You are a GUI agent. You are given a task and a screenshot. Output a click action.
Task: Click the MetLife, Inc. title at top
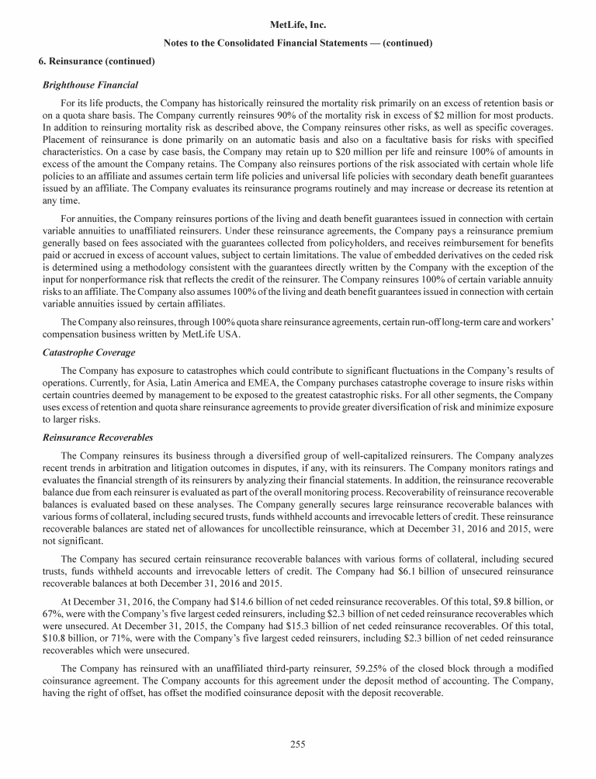point(297,26)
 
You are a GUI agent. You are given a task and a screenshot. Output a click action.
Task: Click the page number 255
point(297,745)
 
